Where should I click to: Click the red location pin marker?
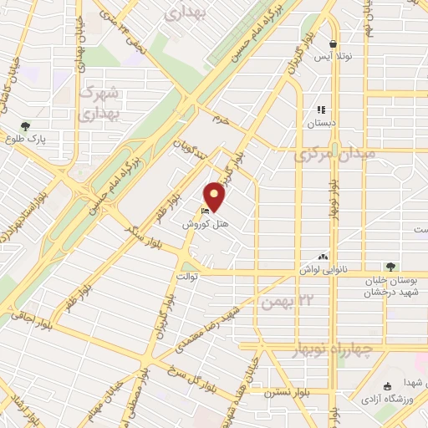tap(216, 196)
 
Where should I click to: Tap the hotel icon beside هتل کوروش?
tap(206, 211)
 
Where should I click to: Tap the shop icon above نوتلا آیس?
tap(334, 44)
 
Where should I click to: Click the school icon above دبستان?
tap(320, 109)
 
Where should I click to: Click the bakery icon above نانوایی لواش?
tap(324, 257)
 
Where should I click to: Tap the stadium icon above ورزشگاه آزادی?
tap(386, 386)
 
